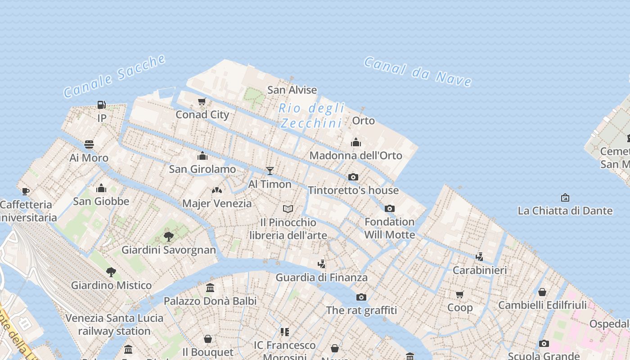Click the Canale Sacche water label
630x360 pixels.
[x=115, y=76]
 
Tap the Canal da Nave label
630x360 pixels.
[x=418, y=72]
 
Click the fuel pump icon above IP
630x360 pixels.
[x=102, y=105]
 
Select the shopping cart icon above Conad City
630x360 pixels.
[x=202, y=101]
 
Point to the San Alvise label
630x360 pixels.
[x=292, y=90]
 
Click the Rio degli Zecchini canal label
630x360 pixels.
[x=311, y=116]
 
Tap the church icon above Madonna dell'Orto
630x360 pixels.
[x=356, y=142]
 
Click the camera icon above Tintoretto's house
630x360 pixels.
[x=353, y=177]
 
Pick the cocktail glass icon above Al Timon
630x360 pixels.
[x=270, y=171]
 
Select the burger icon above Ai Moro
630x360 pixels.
[x=89, y=144]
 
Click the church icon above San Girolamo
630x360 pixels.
[x=202, y=156]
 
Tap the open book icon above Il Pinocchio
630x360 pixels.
[x=288, y=209]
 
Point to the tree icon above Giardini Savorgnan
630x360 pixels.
[x=169, y=236]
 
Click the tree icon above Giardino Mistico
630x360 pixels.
[x=111, y=272]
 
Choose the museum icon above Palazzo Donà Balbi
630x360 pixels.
[x=210, y=288]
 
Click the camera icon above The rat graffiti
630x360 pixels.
[x=361, y=297]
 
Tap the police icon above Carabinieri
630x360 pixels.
[x=480, y=257]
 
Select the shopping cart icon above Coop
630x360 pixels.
[x=460, y=294]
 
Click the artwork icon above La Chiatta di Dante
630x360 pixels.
[x=565, y=198]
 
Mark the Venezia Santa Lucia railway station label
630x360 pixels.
[x=114, y=324]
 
